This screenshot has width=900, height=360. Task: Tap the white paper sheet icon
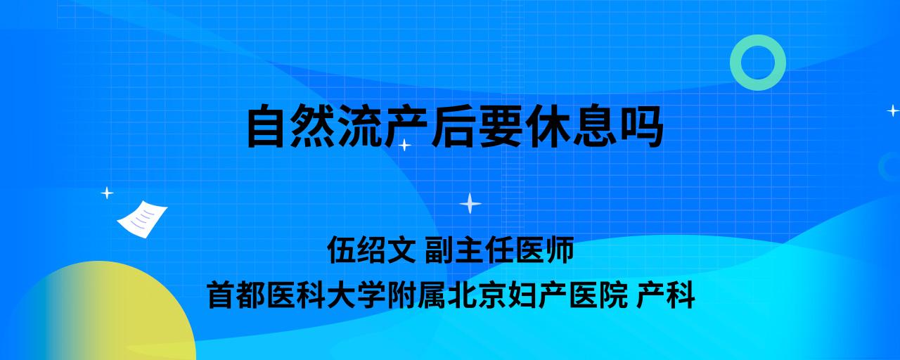point(142,219)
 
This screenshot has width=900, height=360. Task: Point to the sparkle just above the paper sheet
point(107,193)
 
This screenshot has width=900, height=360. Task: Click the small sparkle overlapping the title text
point(404,145)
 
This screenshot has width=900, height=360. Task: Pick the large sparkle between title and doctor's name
point(470,203)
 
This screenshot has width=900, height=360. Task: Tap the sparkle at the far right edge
point(893,110)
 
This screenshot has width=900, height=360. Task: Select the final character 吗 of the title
point(642,126)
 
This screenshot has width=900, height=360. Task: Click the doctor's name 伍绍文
point(371,250)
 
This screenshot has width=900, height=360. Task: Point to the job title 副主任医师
point(499,250)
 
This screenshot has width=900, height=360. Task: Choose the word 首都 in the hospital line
point(236,295)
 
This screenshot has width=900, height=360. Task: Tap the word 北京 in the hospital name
point(477,295)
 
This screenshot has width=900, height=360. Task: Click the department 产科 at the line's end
point(666,295)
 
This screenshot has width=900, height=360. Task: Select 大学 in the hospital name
point(356,295)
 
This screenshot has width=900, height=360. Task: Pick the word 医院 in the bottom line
point(598,295)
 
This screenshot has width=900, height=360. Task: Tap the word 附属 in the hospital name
point(417,295)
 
